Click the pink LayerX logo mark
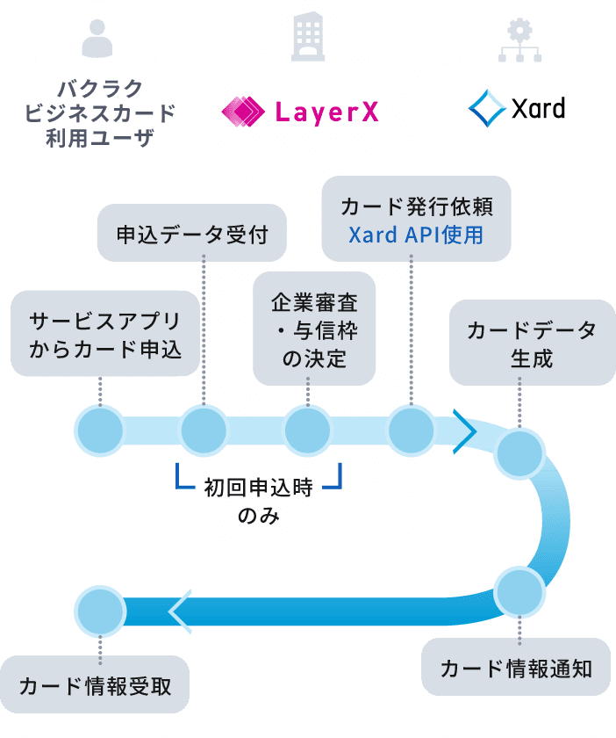(x=243, y=111)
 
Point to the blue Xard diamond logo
(x=485, y=108)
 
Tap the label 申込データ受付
(x=192, y=233)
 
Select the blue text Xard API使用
(x=416, y=235)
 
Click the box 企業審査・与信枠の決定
(x=314, y=329)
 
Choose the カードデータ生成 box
(x=531, y=344)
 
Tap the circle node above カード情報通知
(x=519, y=590)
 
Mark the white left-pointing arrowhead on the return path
(x=180, y=610)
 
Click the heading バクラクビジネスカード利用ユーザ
(x=97, y=112)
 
